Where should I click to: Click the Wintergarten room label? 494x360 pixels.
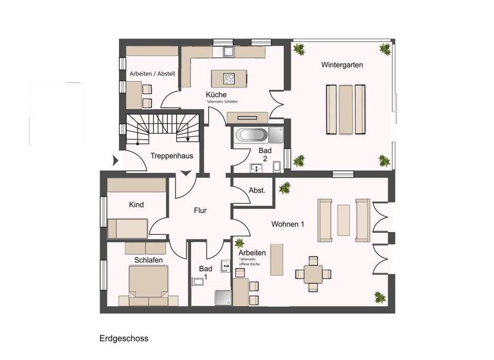(343, 65)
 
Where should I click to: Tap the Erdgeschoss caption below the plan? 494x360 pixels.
(123, 337)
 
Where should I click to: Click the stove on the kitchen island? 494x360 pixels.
(229, 78)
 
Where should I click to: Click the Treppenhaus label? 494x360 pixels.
(171, 156)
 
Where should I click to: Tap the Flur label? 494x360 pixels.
(199, 210)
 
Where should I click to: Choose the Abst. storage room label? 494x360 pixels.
(257, 190)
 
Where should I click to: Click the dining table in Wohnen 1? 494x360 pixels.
(313, 273)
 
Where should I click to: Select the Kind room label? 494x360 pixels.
(136, 205)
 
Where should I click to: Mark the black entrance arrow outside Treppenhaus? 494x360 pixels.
(116, 161)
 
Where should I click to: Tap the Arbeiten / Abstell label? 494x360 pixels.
(152, 73)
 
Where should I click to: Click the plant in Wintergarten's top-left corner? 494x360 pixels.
(299, 49)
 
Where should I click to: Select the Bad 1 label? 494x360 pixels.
(205, 272)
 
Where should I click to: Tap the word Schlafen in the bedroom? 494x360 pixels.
(148, 260)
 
